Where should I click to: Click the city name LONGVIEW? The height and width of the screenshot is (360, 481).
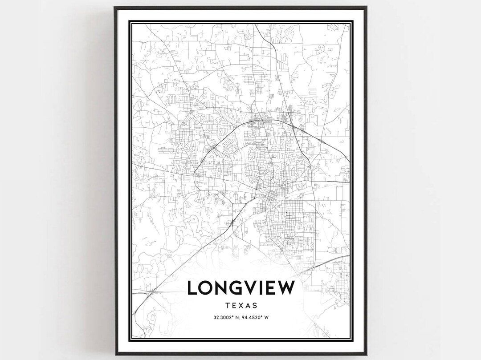(x=241, y=287)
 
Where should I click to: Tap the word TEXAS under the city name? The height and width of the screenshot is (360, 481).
(x=241, y=306)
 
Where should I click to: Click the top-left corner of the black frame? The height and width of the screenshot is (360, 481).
(x=115, y=7)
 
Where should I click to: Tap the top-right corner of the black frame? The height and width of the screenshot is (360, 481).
(x=366, y=7)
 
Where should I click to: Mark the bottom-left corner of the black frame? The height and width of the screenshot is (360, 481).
(x=115, y=354)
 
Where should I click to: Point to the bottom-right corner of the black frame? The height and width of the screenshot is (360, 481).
(x=366, y=354)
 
